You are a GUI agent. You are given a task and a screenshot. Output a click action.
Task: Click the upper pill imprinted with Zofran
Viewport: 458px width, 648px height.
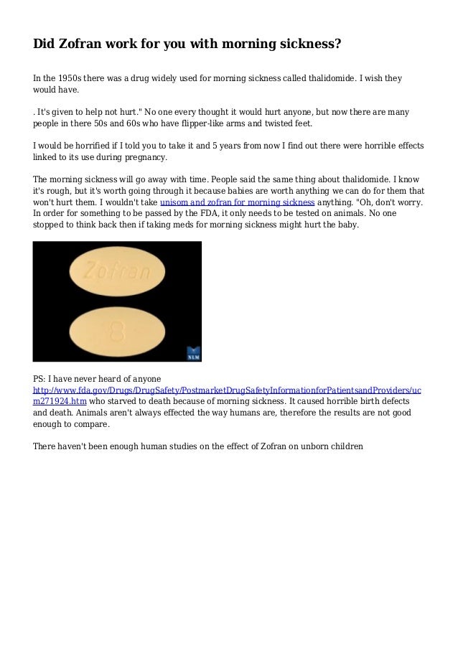117,271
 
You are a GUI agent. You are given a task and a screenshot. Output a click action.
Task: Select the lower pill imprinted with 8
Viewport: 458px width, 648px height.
117,332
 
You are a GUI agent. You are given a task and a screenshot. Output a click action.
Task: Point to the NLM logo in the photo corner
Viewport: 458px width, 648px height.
193,353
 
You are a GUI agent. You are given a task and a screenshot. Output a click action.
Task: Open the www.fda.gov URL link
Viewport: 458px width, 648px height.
228,390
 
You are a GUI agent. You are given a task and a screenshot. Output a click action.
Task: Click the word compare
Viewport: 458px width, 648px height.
89,425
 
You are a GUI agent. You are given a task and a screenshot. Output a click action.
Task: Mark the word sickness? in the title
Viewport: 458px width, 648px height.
307,44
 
